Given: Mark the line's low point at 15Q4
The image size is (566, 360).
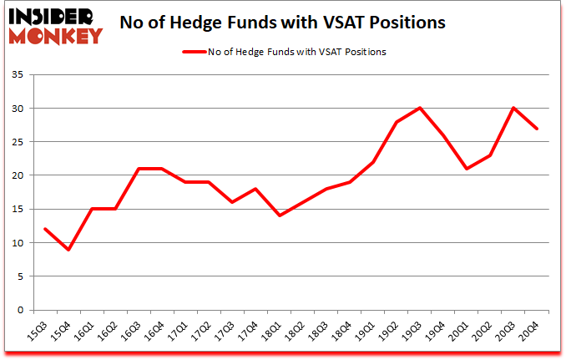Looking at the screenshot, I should coord(68,250).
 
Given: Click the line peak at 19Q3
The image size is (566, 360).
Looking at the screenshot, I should coord(420,108).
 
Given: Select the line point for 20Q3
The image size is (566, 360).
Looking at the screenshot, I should coord(513,108).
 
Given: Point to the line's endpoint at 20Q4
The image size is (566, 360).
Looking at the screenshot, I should coord(537,129).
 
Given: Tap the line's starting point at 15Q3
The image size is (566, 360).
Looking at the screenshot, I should coord(45,229).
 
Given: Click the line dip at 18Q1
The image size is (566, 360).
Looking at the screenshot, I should coord(280,215).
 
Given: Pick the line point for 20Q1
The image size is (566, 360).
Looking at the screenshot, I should coord(467,169).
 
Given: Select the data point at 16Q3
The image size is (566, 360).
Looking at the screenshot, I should coord(139,169).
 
